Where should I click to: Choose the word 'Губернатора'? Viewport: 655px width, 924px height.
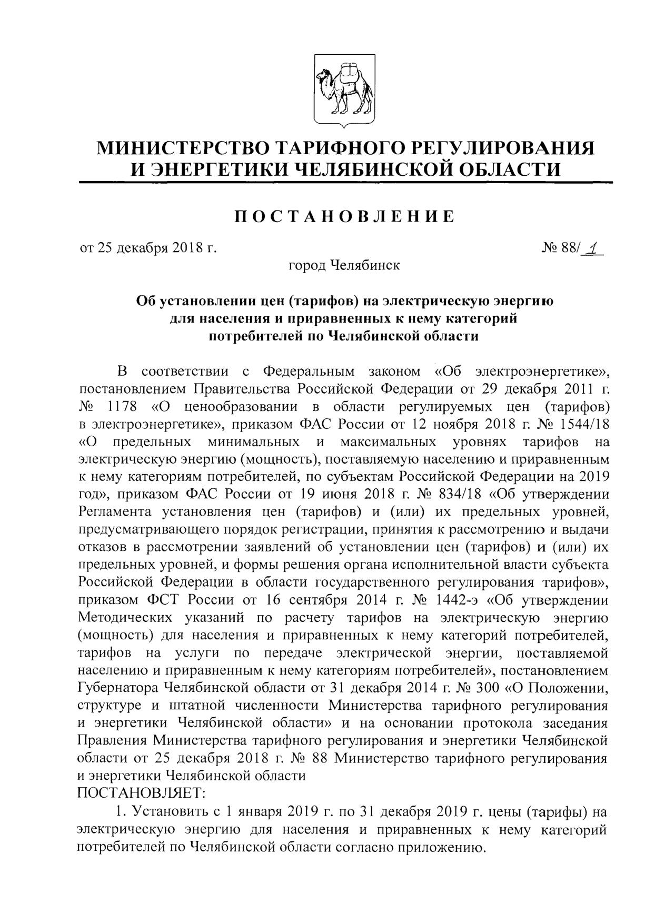(118, 688)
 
